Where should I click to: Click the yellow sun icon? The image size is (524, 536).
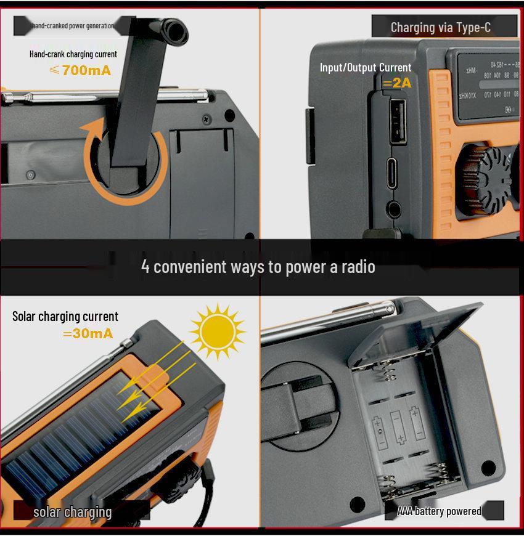pos(217,331)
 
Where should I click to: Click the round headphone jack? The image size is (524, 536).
pos(392,209)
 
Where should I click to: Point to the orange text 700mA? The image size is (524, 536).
pos(80,70)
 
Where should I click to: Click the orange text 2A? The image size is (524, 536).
pos(397,83)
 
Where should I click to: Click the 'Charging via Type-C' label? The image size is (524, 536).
pos(440,27)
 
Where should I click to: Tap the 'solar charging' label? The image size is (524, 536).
pos(73,511)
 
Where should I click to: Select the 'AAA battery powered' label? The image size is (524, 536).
pos(439,511)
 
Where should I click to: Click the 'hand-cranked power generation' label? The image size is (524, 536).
pos(73,25)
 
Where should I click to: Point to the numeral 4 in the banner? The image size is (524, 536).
pos(145,266)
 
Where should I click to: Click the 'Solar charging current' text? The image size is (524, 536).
pos(65,316)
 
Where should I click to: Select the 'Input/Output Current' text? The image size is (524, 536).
pos(366,67)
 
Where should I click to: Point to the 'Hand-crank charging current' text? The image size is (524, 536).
pos(73,54)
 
